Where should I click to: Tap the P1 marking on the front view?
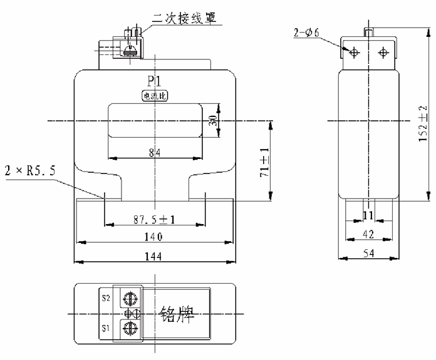point(155,82)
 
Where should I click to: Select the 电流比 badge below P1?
point(155,96)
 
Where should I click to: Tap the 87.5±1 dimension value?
point(154,219)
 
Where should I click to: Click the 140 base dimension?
point(154,237)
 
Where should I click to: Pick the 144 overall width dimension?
point(154,255)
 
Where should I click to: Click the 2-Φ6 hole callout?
point(307,32)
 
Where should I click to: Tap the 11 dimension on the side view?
point(368,216)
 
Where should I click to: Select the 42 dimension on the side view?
point(368,234)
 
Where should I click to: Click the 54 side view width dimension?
point(368,253)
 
